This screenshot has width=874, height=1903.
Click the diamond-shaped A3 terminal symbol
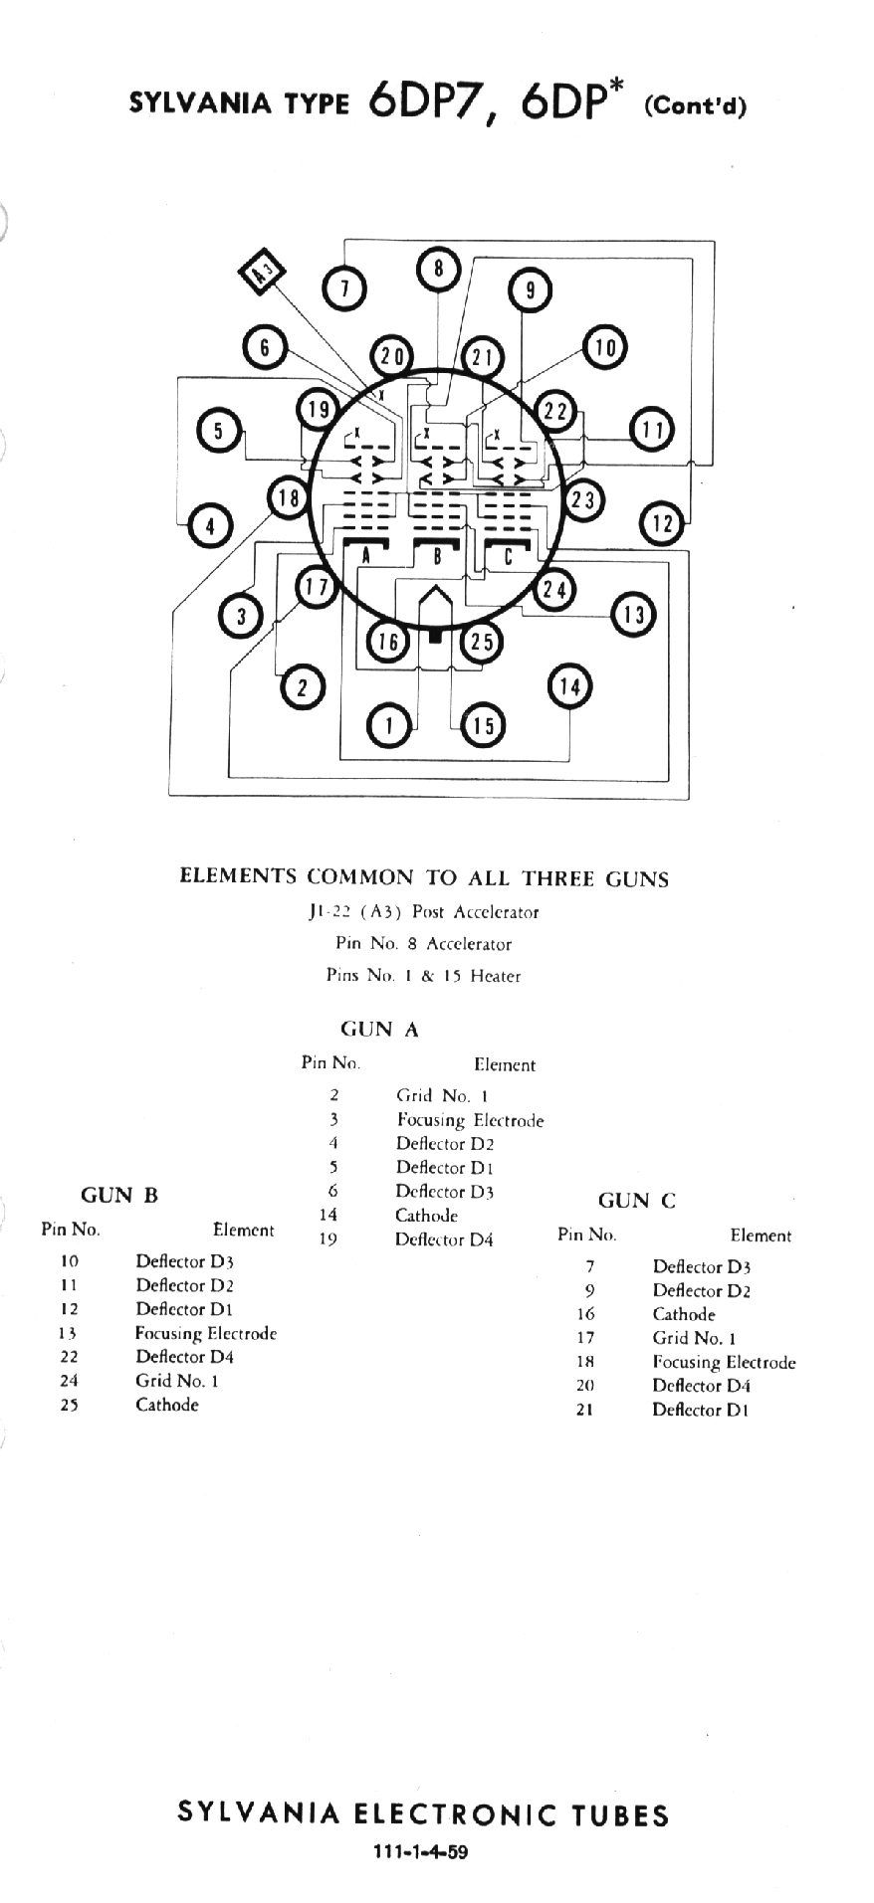262,271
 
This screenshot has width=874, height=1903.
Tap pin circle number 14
569,685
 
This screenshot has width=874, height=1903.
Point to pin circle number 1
389,725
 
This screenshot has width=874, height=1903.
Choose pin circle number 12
662,522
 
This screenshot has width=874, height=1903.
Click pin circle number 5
218,430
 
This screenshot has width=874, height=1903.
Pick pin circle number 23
583,500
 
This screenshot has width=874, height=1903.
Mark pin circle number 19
319,409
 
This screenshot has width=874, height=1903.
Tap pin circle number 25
482,642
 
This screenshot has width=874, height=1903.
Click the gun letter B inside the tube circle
437,557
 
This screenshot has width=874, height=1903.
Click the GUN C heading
637,1201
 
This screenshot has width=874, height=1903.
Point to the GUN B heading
119,1195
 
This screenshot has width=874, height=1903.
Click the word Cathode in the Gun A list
426,1216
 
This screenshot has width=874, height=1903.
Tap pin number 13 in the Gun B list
69,1333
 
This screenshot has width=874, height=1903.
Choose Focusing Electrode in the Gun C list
724,1363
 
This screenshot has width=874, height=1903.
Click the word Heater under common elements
496,976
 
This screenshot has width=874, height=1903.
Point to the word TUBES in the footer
620,1815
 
